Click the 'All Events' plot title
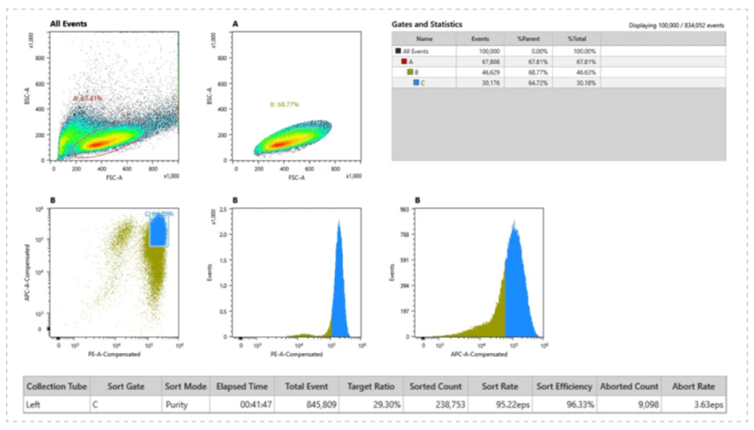(69, 24)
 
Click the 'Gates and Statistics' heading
(427, 25)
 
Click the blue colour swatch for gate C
(416, 82)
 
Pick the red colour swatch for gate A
(404, 61)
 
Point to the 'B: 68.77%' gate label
(285, 104)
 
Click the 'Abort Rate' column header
(698, 386)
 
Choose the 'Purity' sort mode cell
(185, 404)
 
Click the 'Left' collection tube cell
(33, 404)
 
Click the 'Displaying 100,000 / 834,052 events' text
(676, 26)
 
